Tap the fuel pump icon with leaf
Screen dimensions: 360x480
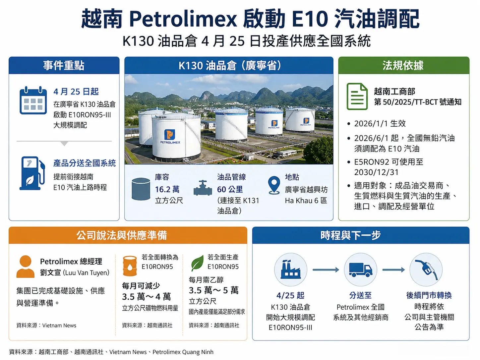pos(32,173)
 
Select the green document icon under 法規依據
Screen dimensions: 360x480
pos(357,96)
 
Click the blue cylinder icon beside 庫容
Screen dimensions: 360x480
pos(141,189)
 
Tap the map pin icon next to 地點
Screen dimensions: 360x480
pos(274,185)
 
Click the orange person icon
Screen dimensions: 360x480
pos(26,266)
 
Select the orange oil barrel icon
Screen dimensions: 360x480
pos(130,266)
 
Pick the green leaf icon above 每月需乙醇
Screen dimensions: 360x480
pos(197,263)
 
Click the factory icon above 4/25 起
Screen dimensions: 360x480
pos(291,270)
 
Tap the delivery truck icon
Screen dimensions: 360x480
pos(360,270)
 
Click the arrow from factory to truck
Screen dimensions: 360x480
pos(326,270)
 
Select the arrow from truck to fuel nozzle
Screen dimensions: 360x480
pos(393,270)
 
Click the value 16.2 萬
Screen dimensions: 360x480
pos(167,189)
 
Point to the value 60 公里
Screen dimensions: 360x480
pos(230,189)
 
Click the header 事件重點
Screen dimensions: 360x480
pos(64,65)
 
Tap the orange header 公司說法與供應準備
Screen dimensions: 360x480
pos(122,235)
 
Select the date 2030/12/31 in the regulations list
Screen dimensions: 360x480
pos(376,172)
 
